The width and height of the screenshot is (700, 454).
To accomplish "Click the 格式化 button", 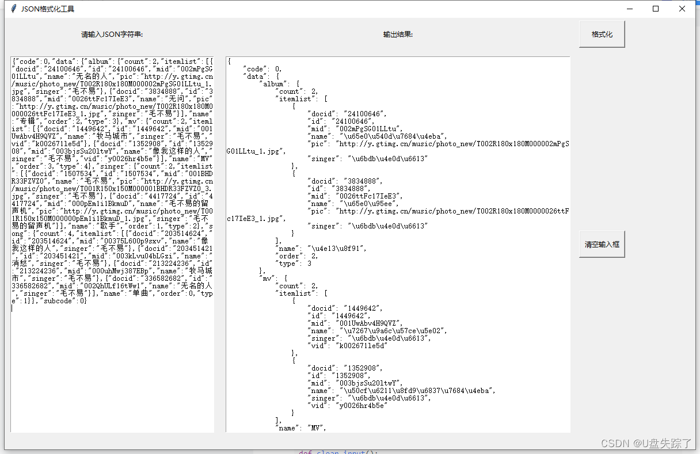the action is [x=602, y=35].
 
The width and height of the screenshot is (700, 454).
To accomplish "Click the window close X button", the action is [x=682, y=9].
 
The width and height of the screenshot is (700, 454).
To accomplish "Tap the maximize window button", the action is [x=656, y=9].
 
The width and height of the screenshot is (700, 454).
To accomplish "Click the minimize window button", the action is [x=630, y=9].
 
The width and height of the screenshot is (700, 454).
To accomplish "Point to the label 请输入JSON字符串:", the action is [x=112, y=35].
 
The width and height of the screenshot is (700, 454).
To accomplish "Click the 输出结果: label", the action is [x=398, y=35].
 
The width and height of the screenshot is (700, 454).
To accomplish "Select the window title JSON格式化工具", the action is [x=48, y=9].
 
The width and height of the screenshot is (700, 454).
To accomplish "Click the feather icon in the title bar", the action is [x=14, y=9].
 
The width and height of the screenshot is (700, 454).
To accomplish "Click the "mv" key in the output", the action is [x=268, y=278].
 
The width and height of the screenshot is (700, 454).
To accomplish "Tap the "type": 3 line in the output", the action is [x=294, y=263].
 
